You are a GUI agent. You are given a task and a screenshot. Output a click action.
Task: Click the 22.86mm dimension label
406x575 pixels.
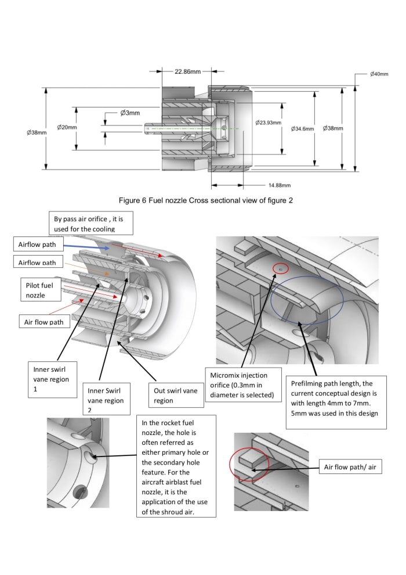pos(187,71)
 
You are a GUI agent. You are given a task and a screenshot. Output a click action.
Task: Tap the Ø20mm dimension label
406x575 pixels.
pos(67,127)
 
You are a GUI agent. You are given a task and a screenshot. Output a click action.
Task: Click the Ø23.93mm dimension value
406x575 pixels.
pos(268,123)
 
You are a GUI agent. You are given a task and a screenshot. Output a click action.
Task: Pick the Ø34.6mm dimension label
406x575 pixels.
pos(302,129)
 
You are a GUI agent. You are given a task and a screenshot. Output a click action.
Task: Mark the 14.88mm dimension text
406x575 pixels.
pos(279,186)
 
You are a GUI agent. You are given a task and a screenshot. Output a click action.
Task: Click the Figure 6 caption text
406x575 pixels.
pos(202,200)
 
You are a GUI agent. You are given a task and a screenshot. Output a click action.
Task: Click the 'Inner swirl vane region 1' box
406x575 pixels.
pos(52,379)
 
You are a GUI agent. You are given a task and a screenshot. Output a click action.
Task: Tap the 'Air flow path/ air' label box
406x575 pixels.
pos(350,466)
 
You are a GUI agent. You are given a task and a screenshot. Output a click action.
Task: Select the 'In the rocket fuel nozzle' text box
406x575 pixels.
pos(176,466)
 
